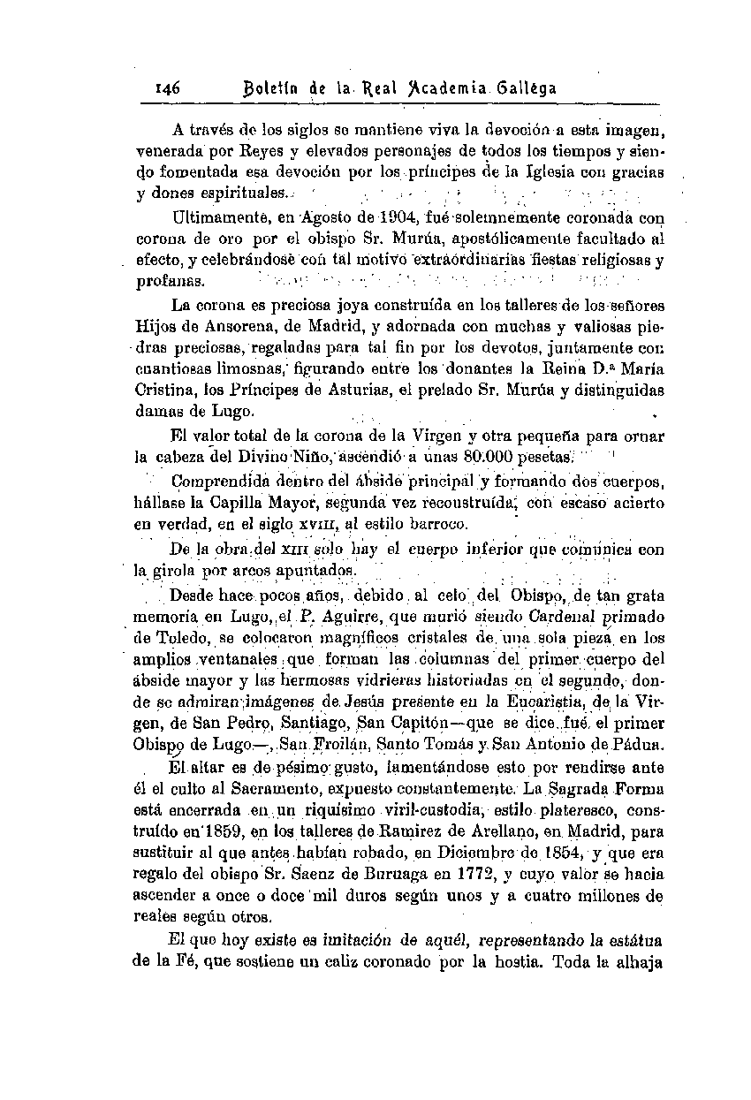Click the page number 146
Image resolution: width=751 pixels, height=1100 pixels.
coord(167,88)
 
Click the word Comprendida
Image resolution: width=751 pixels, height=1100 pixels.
coord(216,482)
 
